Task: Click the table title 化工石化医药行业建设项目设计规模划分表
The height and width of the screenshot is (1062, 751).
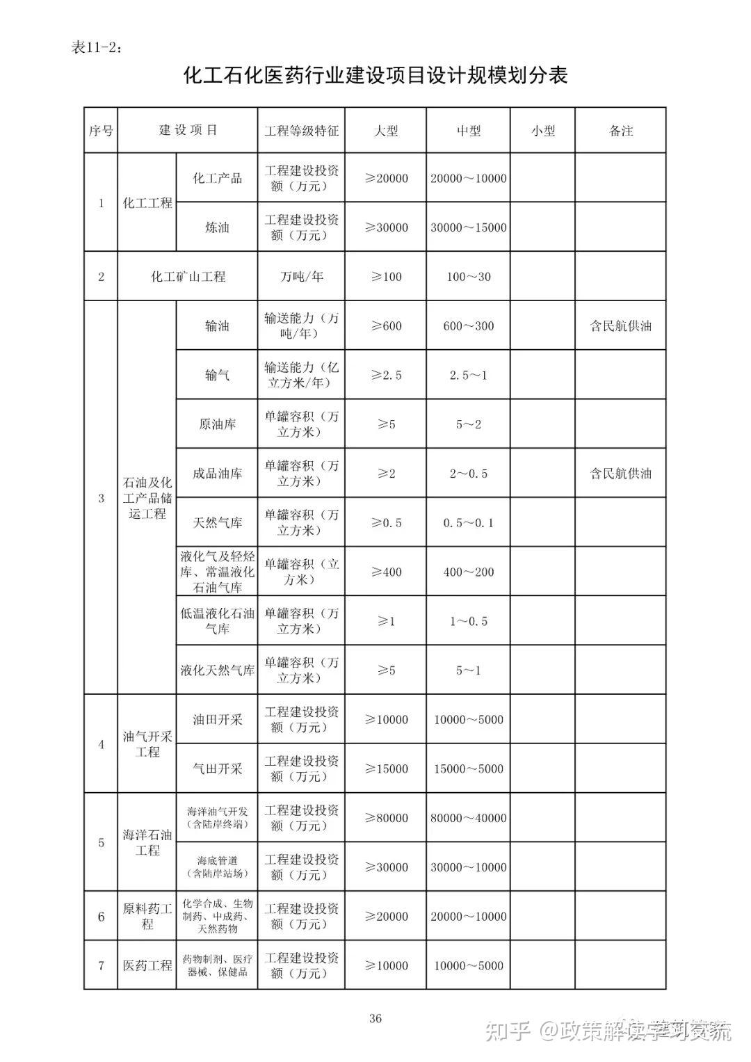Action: point(375,75)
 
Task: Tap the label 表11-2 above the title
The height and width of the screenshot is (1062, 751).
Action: point(97,47)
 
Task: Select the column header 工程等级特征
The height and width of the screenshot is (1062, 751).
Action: point(301,131)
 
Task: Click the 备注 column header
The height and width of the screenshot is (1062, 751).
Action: point(620,131)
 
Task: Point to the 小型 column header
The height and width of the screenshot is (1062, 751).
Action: point(542,131)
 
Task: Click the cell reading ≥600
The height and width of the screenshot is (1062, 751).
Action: point(386,325)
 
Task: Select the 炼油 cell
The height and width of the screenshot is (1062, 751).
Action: point(217,227)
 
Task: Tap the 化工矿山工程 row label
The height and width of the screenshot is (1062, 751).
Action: point(188,276)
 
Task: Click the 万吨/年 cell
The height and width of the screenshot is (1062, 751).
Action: point(301,276)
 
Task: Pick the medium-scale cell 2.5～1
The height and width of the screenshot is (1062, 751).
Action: point(468,375)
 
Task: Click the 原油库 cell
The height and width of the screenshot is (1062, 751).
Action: point(217,424)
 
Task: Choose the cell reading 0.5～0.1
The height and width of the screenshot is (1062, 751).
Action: point(468,523)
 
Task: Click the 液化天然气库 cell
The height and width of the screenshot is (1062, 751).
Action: point(217,670)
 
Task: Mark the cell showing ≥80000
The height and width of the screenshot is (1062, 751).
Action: point(386,818)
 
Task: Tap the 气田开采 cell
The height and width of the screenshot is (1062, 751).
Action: point(217,769)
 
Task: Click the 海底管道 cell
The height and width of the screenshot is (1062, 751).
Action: point(217,867)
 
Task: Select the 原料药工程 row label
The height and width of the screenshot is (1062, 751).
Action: point(147,916)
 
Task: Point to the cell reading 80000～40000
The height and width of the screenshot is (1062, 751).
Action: point(468,818)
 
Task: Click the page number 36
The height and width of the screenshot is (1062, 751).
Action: point(375,1019)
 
